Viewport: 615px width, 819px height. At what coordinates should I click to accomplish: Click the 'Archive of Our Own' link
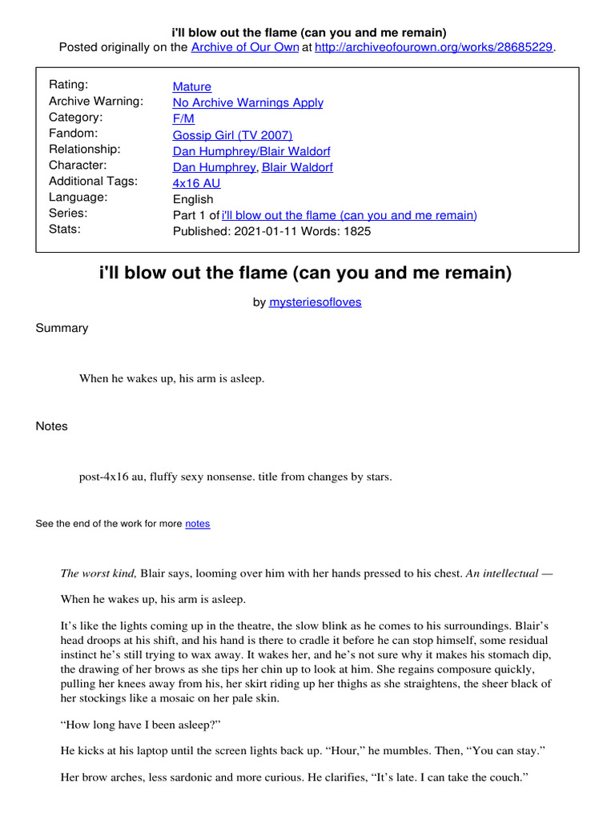click(244, 47)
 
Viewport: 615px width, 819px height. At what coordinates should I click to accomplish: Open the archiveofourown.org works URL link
click(434, 47)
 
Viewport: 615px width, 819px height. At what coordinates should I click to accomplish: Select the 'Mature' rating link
click(192, 86)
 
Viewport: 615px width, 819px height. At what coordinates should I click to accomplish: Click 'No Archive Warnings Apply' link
click(248, 102)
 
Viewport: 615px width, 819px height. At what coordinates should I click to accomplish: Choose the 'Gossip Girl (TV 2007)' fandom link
click(233, 135)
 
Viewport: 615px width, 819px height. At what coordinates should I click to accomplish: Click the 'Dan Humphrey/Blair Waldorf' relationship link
click(251, 151)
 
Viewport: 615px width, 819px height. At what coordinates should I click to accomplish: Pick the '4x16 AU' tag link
click(196, 183)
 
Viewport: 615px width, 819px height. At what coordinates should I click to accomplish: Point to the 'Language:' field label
click(78, 197)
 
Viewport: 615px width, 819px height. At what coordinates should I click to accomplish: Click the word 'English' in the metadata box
click(193, 199)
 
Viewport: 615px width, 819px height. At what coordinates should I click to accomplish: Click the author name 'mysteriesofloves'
click(315, 303)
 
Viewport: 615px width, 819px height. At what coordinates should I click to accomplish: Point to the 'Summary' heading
click(62, 328)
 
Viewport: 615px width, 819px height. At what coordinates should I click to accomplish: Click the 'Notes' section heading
click(52, 426)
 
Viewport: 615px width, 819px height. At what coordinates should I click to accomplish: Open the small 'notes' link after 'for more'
click(197, 524)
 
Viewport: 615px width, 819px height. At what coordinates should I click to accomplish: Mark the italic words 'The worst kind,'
click(99, 573)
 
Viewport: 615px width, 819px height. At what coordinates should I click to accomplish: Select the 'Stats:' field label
click(65, 229)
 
